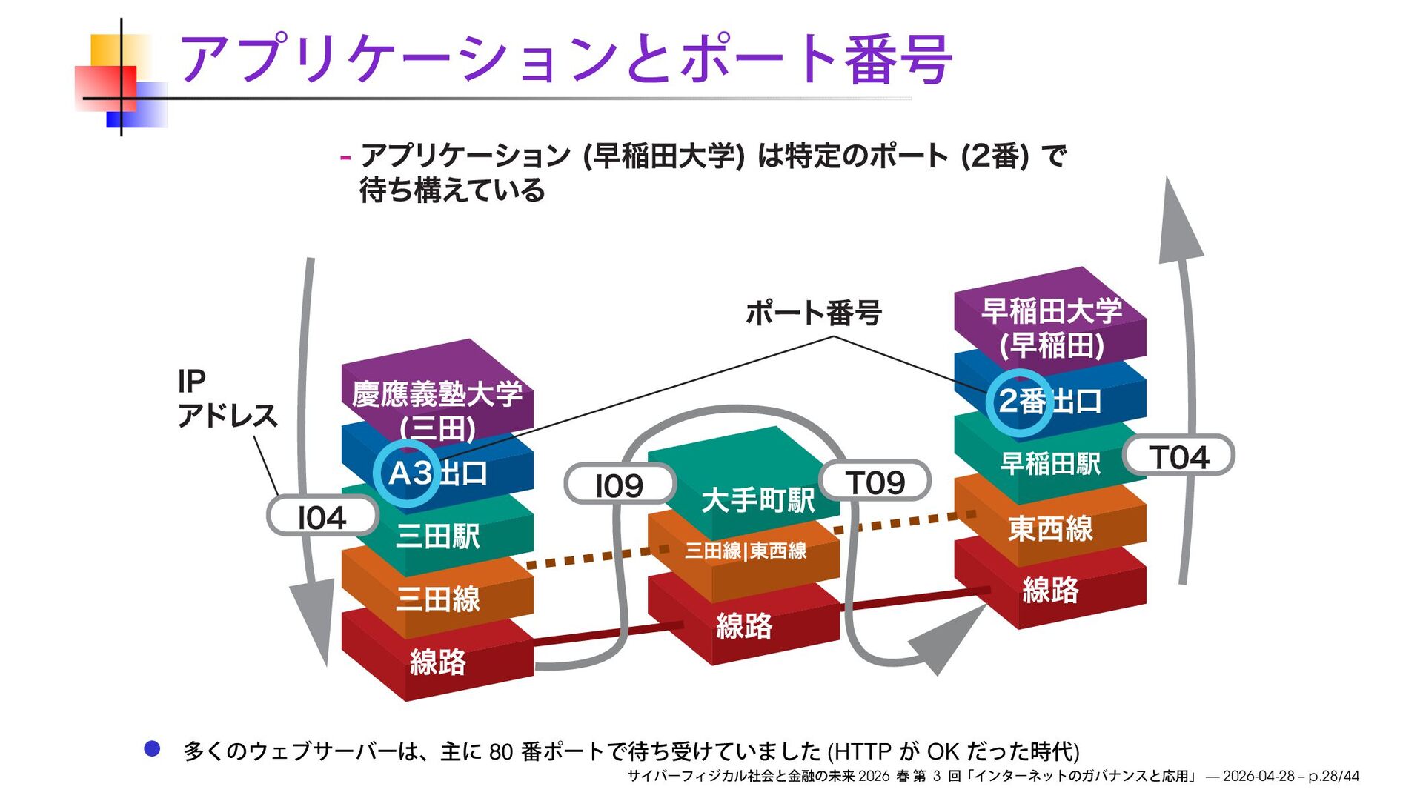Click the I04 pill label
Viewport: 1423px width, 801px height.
click(x=322, y=517)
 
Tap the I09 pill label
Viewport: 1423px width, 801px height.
click(x=620, y=485)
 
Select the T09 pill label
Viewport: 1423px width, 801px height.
click(x=875, y=482)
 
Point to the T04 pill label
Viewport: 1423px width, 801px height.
click(x=1179, y=456)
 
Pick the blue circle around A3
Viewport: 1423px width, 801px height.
click(x=407, y=473)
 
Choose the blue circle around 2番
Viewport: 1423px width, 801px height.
click(x=1020, y=402)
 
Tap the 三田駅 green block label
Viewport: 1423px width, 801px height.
click(x=438, y=535)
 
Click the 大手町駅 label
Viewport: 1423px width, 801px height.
click(x=758, y=500)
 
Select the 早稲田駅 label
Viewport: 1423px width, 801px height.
click(x=1050, y=464)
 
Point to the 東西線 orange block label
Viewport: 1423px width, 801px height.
click(x=1050, y=528)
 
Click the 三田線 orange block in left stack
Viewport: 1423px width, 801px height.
click(x=438, y=599)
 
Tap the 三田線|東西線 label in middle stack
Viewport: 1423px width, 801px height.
click(x=746, y=551)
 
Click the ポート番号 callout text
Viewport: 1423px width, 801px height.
click(x=813, y=313)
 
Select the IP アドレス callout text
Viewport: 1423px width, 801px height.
click(x=226, y=399)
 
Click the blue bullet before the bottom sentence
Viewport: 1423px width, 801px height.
click(x=152, y=749)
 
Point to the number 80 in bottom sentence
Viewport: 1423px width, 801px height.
click(x=501, y=752)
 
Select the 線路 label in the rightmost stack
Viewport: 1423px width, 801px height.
click(x=1050, y=590)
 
